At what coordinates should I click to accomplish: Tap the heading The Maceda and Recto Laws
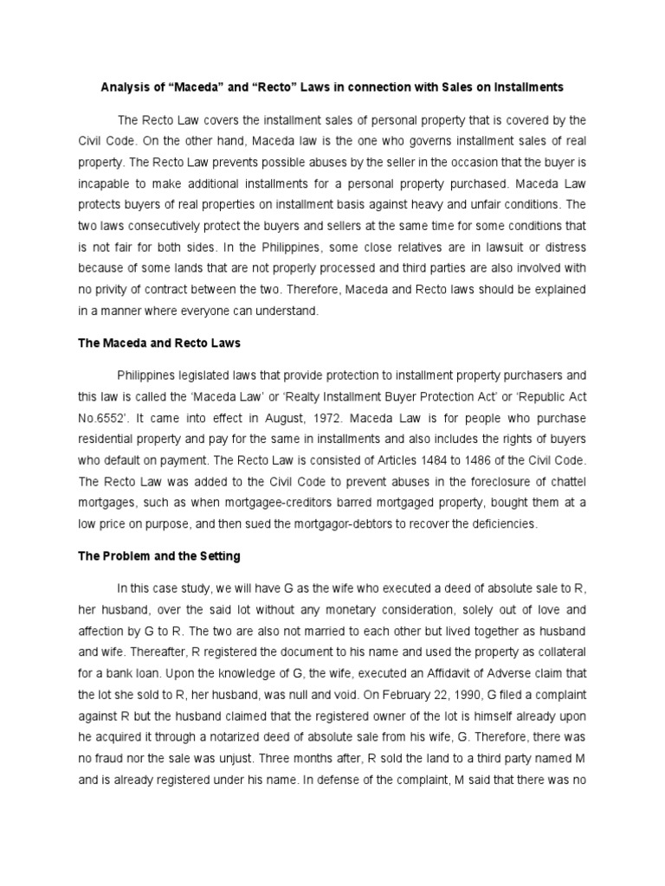click(159, 343)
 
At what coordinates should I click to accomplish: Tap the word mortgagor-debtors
click(343, 523)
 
